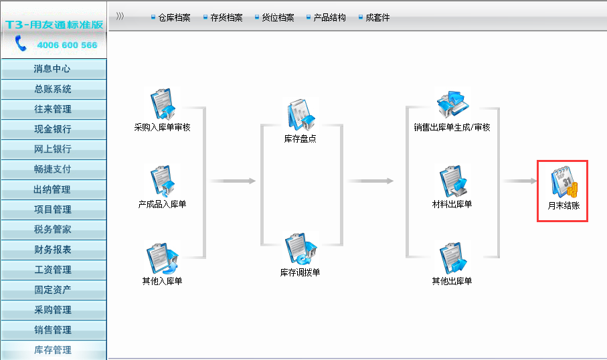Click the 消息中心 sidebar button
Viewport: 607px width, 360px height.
pos(53,69)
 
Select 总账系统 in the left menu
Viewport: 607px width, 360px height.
pos(53,89)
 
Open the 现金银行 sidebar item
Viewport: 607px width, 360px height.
pos(53,129)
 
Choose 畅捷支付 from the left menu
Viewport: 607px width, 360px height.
pos(53,169)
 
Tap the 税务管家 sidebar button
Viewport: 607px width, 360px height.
pos(53,230)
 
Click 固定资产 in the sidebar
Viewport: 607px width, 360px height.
pos(53,290)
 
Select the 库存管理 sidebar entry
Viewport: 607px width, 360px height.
pos(53,350)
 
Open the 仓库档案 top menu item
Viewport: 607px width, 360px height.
pos(174,17)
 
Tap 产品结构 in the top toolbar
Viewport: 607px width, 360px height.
pos(329,17)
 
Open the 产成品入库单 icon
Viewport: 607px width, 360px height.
pos(162,181)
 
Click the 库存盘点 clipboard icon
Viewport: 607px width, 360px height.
pos(300,115)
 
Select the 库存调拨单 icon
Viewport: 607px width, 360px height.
pos(300,249)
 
